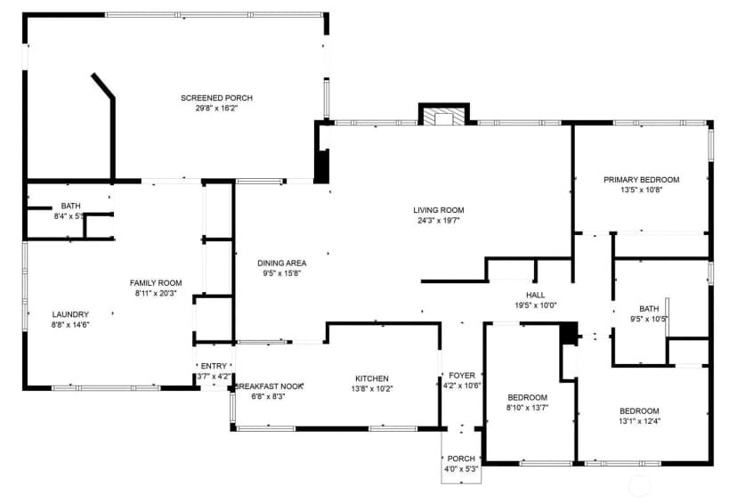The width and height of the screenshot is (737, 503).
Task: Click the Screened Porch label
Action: pos(216,98)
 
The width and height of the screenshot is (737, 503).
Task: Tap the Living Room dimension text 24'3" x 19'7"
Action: pos(439,220)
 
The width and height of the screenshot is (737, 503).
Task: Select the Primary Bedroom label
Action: pos(642,180)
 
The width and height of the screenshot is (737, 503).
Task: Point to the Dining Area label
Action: pos(282,264)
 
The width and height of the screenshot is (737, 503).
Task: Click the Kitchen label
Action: pos(372,378)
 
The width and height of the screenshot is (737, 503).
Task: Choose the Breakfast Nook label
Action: pos(269,386)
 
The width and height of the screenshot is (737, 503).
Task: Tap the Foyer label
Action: pos(462,375)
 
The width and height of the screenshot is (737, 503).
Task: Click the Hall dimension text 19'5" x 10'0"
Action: pos(536,305)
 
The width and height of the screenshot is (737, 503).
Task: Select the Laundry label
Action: pos(70,314)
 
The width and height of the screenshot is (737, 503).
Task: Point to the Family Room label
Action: pos(156,283)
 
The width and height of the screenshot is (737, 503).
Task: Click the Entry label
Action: pos(214,366)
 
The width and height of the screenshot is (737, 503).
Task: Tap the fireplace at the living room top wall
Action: pos(443,115)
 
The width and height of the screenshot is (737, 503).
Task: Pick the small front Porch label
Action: pos(461,458)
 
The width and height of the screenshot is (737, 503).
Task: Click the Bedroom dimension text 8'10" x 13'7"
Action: pos(527,408)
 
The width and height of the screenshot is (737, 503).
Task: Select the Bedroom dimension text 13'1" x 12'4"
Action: pos(639,421)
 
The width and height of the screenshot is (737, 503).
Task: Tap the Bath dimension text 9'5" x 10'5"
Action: pos(649,319)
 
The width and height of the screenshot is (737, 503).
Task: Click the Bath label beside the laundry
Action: pos(70,206)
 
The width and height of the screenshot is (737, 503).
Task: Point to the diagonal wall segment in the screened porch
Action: pos(103,86)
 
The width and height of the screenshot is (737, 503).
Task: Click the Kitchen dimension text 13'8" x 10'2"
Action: pos(372,389)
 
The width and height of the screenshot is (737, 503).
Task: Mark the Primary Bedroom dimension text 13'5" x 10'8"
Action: pos(642,190)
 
